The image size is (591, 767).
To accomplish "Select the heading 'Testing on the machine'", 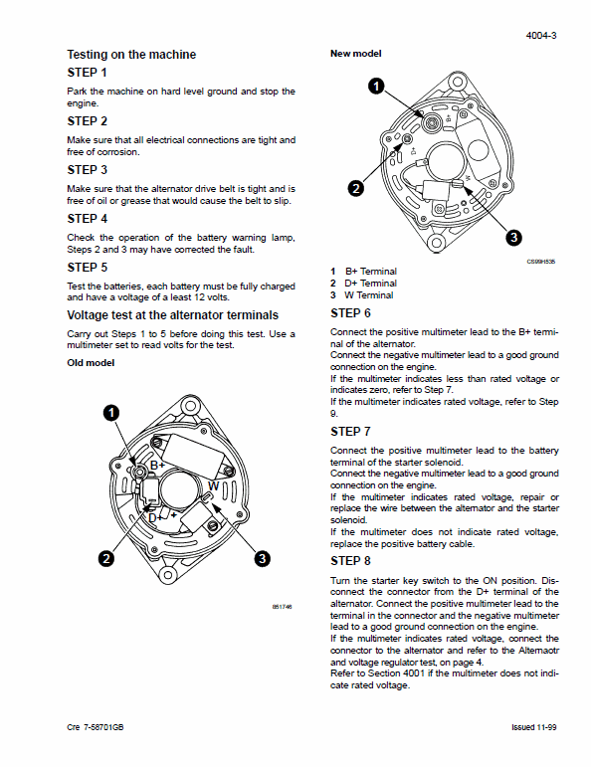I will pyautogui.click(x=131, y=55).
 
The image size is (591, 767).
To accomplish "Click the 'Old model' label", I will pyautogui.click(x=92, y=363).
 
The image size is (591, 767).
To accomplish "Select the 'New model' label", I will pyautogui.click(x=356, y=54).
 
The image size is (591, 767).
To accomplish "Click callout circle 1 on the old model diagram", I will pyautogui.click(x=112, y=412).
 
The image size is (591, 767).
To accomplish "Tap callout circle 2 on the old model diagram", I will pyautogui.click(x=104, y=559).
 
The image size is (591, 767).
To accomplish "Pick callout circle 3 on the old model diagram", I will pyautogui.click(x=262, y=559).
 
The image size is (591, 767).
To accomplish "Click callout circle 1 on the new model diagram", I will pyautogui.click(x=376, y=86).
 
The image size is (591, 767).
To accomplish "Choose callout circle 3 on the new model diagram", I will pyautogui.click(x=512, y=237).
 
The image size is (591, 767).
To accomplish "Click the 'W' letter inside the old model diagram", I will pyautogui.click(x=213, y=484).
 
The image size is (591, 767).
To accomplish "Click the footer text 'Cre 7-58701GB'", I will pyautogui.click(x=98, y=728).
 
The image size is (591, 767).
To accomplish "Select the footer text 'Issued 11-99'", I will pyautogui.click(x=532, y=728).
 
